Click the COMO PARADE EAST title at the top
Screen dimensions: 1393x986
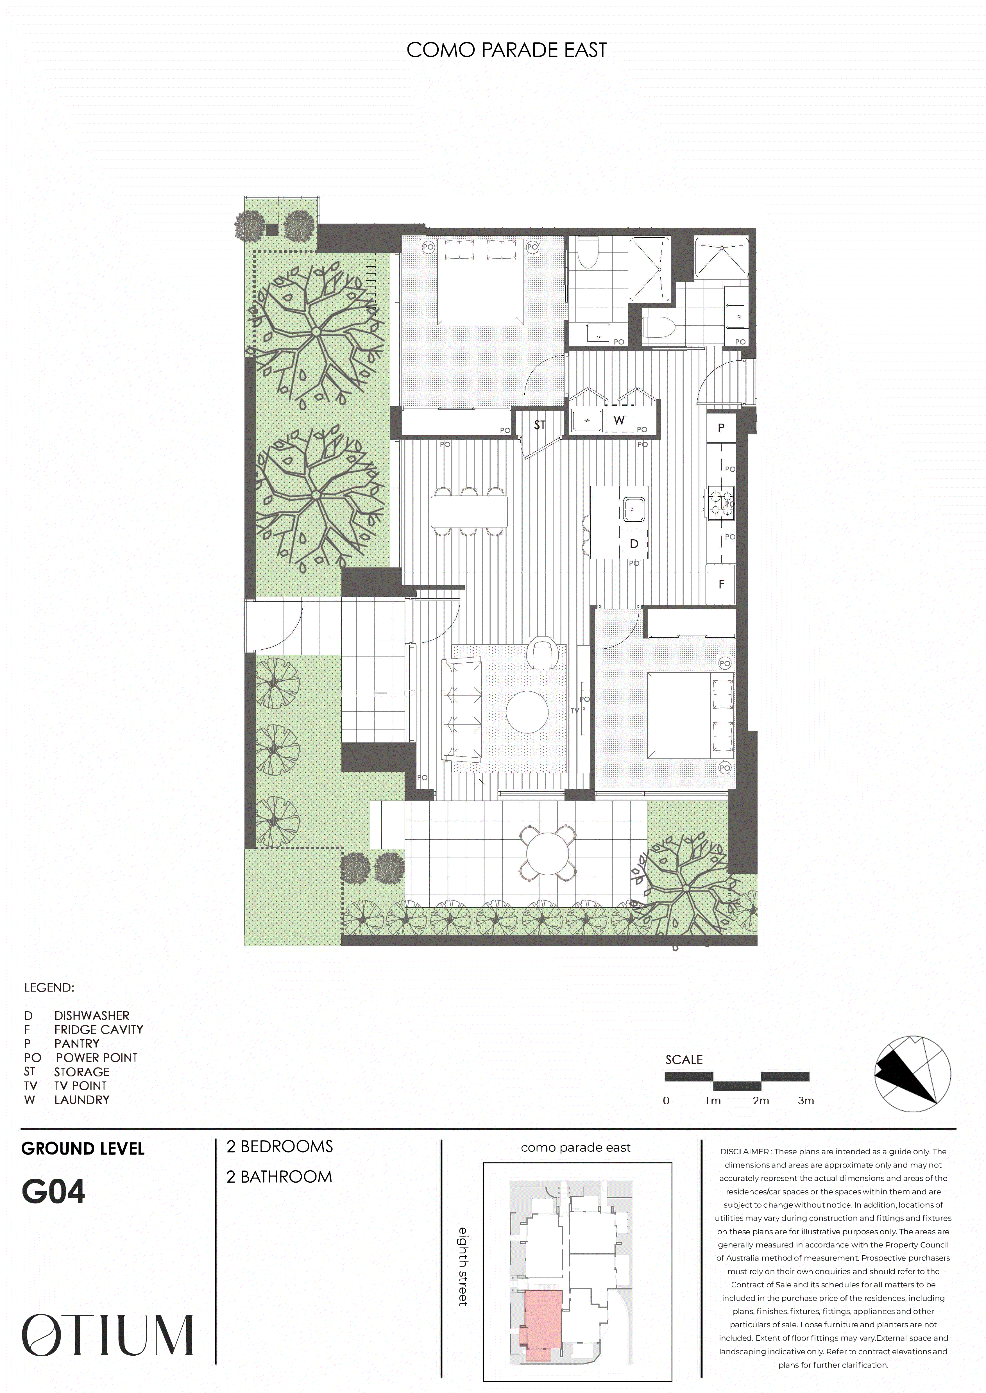506,50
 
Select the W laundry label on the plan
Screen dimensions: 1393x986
619,420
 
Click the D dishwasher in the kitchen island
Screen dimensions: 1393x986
634,544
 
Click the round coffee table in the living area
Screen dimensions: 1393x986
527,712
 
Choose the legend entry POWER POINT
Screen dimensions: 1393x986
97,1057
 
